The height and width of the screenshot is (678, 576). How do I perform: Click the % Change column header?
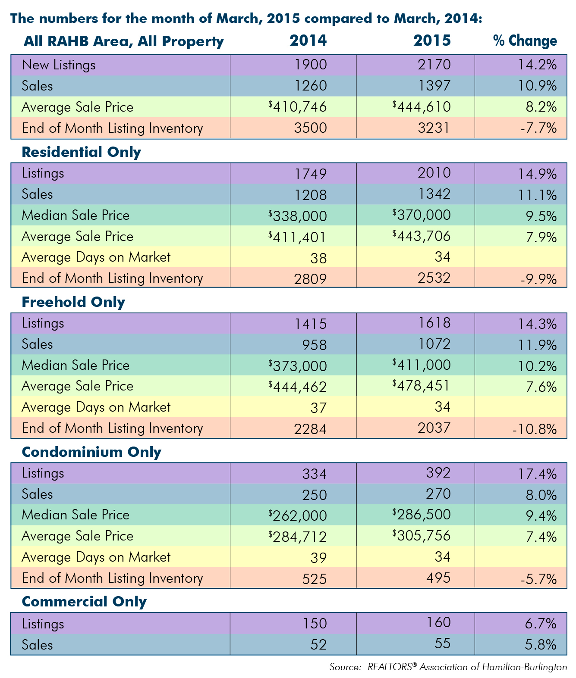525,41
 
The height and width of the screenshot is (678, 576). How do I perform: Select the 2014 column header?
308,41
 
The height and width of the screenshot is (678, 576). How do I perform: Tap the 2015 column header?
432,41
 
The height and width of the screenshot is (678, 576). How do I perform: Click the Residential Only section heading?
81,153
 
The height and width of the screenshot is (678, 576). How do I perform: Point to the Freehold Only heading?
73,302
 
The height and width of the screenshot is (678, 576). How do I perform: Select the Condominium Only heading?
91,452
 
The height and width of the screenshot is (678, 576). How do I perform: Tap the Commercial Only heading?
84,602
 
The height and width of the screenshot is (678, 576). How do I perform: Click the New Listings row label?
58,65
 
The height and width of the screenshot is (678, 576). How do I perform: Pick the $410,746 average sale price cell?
298,107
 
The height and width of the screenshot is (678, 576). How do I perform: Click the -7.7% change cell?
538,128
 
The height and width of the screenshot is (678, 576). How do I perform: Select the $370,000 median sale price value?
422,215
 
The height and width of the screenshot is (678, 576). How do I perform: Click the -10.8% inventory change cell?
535,429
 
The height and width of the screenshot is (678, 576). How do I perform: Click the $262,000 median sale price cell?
298,516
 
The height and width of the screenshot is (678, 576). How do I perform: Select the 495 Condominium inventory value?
438,578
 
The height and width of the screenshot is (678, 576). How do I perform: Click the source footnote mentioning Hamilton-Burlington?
448,667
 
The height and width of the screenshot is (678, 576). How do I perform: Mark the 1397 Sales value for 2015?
434,86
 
